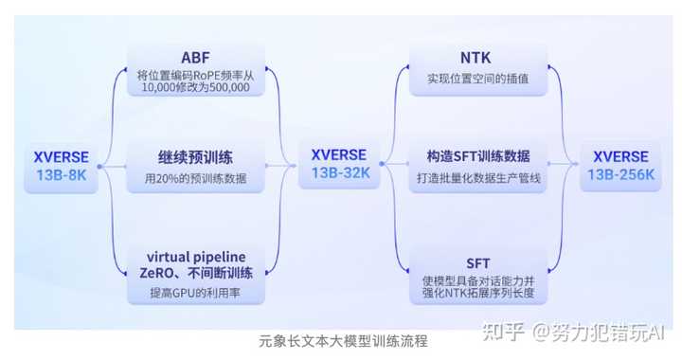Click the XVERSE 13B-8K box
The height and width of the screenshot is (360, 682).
[62, 165]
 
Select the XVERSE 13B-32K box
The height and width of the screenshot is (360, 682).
[338, 165]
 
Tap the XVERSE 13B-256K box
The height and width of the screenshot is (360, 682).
[620, 165]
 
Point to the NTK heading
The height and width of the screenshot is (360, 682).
[478, 55]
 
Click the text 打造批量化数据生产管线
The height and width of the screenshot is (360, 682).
[478, 178]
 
